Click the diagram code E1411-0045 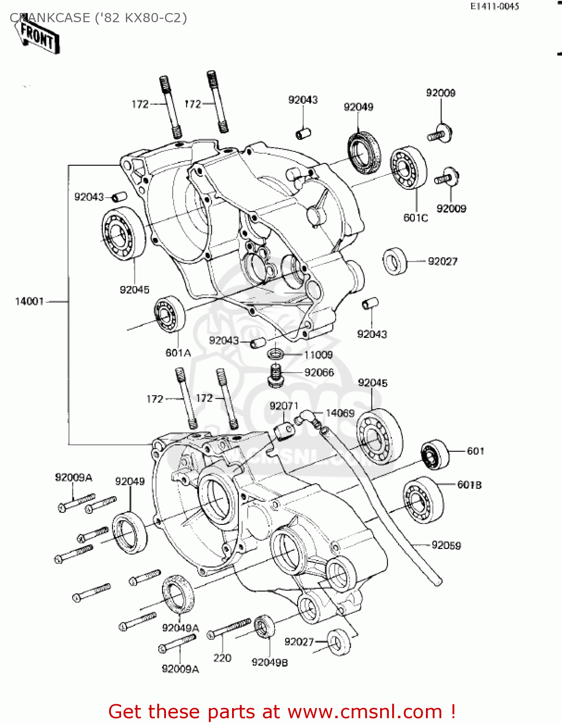click(x=494, y=6)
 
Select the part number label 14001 click(x=29, y=301)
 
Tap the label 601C click(x=415, y=218)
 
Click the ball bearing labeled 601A click(x=169, y=314)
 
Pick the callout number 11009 click(x=318, y=355)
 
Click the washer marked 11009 click(x=275, y=355)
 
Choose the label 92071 click(x=284, y=406)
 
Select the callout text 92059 click(x=446, y=545)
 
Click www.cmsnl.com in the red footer click(x=365, y=711)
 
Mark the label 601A click(x=178, y=353)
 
